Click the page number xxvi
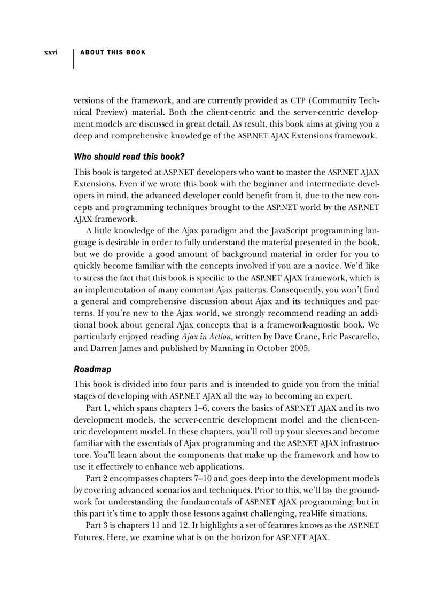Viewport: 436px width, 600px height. point(51,53)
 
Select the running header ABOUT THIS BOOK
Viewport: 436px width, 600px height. point(113,52)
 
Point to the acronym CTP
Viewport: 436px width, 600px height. point(297,101)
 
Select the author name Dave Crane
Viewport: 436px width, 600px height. point(287,337)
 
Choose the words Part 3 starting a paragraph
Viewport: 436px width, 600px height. point(97,525)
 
